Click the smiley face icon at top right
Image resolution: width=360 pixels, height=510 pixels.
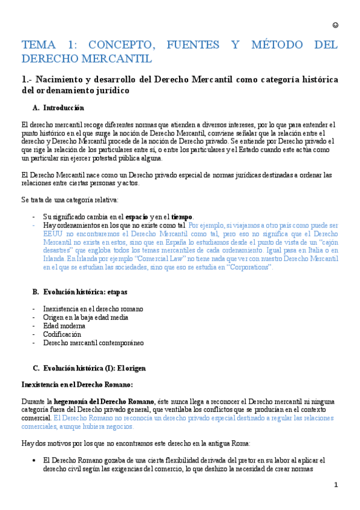335,25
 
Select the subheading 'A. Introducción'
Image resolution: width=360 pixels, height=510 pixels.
58,108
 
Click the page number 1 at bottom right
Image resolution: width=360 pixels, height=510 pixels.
336,485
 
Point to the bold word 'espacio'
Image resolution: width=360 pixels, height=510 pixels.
136,217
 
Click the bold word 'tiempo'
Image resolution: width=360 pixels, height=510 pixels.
182,217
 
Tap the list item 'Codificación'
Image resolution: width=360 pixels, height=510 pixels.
62,334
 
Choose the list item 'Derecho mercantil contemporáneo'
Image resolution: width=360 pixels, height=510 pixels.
93,343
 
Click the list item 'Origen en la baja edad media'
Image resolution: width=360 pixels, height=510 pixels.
85,317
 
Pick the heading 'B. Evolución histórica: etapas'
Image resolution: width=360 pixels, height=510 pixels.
80,292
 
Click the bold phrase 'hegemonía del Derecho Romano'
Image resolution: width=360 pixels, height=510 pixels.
104,401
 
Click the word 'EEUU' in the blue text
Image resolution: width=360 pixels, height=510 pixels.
52,233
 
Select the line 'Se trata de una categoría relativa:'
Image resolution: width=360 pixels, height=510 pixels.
70,200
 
